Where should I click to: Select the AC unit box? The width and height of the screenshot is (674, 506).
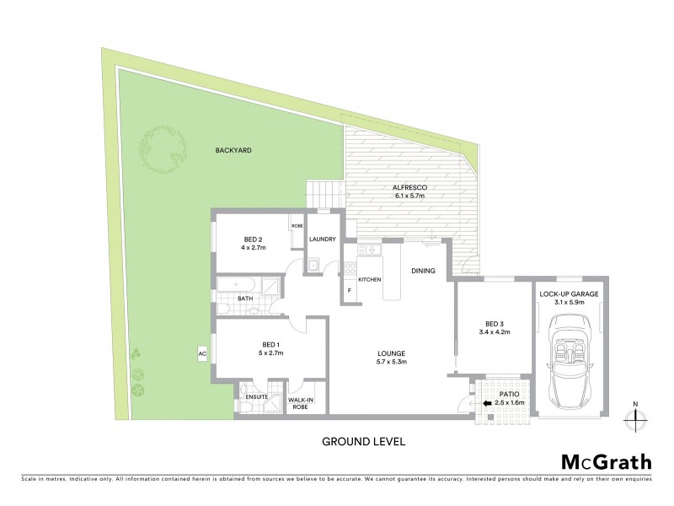[x=202, y=354]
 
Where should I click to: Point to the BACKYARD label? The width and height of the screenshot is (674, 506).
[x=233, y=149]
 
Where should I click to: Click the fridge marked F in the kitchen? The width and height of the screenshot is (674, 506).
[x=350, y=290]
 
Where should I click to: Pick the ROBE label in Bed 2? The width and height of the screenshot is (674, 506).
[x=297, y=226]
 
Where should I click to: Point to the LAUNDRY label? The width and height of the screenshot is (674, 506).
[x=322, y=240]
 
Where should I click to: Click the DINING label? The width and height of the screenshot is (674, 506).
[x=423, y=271]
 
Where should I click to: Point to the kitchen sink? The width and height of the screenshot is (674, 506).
[x=373, y=250]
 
